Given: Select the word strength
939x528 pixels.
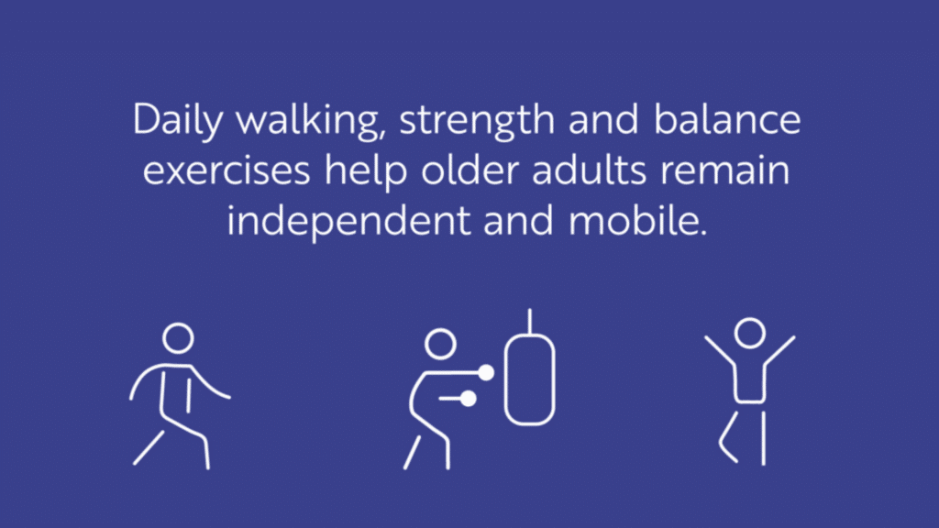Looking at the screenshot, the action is tap(477, 120).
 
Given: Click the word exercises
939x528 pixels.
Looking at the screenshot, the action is tap(226, 170).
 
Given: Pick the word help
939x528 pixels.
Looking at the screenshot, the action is tap(366, 171).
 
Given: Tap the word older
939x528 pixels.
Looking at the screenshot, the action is tap(469, 170).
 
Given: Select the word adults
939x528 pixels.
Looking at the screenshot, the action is tap(589, 170).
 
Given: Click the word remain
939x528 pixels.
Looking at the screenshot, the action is tap(724, 170).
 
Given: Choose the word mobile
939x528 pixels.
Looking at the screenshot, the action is tap(638, 220).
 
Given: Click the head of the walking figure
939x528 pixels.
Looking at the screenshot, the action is tap(179, 338).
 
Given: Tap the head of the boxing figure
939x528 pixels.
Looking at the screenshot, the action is tap(440, 345).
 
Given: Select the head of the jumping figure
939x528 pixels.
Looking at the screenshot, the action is tap(750, 334).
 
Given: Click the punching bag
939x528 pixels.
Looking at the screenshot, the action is tap(529, 379).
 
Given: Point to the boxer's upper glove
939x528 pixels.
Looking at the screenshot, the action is tap(486, 373).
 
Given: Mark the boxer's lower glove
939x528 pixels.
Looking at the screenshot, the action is tap(469, 399).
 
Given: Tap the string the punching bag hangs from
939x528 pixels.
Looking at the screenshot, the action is tap(529, 322).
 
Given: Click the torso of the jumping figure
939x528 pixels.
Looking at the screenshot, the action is tap(750, 383).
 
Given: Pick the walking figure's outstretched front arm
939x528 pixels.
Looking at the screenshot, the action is tap(209, 384).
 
